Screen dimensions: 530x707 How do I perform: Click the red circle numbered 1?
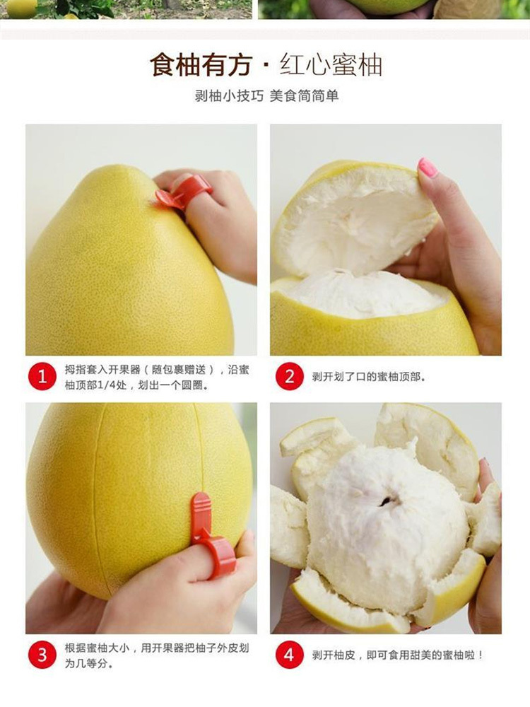click(42, 376)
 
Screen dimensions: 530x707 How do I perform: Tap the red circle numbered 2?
click(289, 376)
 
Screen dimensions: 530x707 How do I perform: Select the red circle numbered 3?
click(42, 655)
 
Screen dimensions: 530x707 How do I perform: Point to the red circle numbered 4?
click(289, 655)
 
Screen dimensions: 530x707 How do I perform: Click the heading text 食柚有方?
click(201, 65)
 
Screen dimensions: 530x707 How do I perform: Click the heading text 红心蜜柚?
click(331, 65)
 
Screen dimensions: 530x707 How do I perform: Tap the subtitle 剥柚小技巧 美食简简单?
click(266, 95)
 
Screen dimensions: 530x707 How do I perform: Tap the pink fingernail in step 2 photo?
click(428, 168)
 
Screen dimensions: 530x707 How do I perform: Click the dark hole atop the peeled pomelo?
click(386, 501)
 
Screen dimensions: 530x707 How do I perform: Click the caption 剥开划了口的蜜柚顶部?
click(368, 377)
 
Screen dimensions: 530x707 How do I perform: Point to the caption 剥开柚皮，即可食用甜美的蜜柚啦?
click(397, 655)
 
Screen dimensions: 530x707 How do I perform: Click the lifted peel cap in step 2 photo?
click(356, 216)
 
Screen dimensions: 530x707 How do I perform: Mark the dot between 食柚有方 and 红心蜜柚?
click(266, 66)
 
